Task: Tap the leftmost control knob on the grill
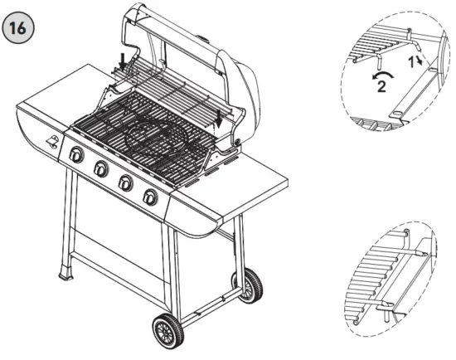click(x=76, y=155)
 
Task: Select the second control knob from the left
click(x=101, y=169)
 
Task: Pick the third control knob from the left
click(x=126, y=183)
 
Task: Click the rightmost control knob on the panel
click(x=150, y=197)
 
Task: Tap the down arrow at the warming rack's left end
click(x=124, y=61)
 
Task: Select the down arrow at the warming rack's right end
click(x=219, y=117)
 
